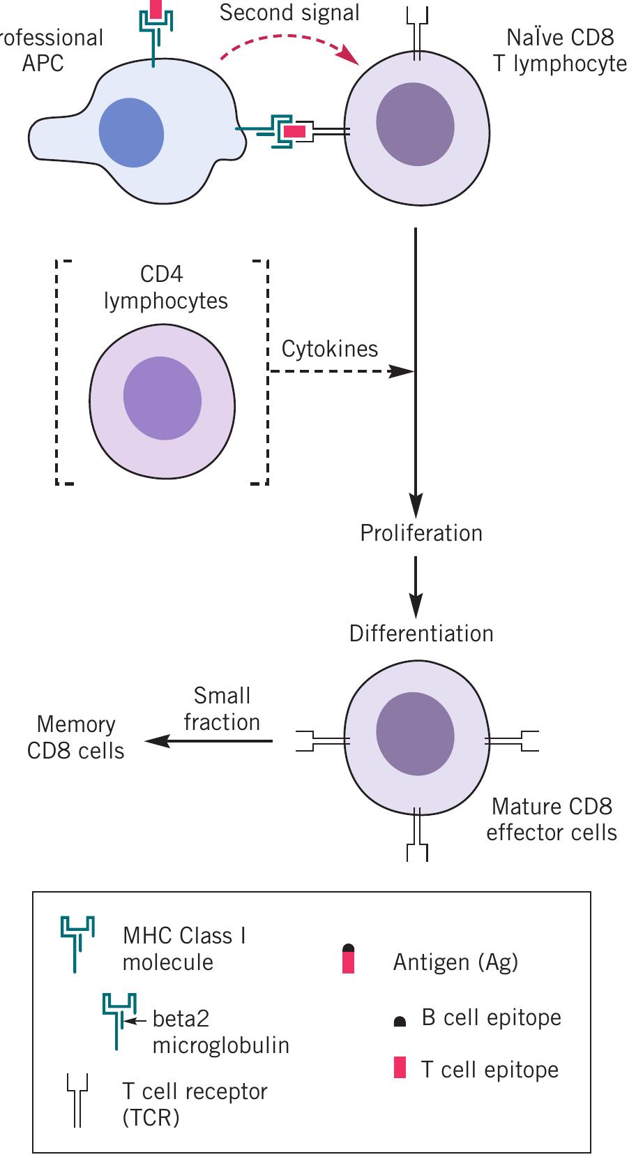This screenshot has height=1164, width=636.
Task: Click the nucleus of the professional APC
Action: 131,133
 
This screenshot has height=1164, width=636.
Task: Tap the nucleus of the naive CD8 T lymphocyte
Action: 415,124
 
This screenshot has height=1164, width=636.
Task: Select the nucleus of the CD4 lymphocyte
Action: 162,398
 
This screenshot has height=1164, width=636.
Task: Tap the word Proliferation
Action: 421,533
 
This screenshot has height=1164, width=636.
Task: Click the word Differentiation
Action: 421,634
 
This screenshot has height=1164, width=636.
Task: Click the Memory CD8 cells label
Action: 75,738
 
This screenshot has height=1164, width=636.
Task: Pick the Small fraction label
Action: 222,709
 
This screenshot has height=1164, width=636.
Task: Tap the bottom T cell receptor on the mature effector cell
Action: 416,835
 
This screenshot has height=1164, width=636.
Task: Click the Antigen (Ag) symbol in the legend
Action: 349,958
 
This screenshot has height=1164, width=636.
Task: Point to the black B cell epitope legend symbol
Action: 400,1022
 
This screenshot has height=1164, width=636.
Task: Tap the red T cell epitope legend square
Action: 400,1068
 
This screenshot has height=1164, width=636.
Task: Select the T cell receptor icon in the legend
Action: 77,1100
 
